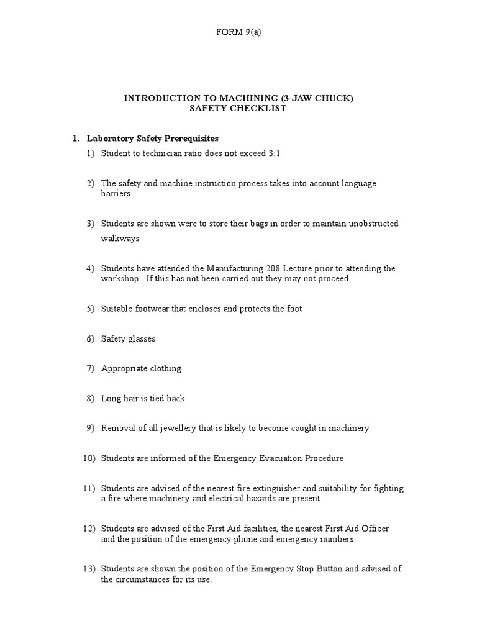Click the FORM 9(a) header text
238,33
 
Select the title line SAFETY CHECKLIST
238,108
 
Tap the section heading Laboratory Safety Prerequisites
153,138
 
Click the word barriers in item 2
117,193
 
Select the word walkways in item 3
120,238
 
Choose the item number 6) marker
90,338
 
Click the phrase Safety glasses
128,338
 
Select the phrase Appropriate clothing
141,368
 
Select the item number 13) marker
88,569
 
